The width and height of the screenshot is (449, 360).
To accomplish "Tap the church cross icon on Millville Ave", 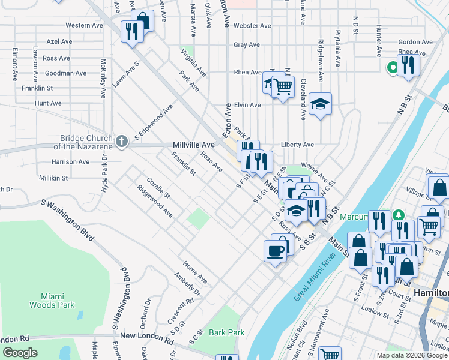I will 122,142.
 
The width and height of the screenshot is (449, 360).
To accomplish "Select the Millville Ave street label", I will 193,145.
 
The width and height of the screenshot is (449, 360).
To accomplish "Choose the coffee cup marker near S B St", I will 276,250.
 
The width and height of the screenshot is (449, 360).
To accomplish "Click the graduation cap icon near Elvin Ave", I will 321,104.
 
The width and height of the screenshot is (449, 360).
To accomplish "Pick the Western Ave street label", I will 85,25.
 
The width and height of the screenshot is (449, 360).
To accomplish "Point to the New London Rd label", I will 142,336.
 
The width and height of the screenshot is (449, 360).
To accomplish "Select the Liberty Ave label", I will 297,145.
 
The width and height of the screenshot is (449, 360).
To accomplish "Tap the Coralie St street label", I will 157,187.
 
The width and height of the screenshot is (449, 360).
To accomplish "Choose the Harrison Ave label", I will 70,162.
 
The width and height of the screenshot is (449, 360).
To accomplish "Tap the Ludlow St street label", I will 376,310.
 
